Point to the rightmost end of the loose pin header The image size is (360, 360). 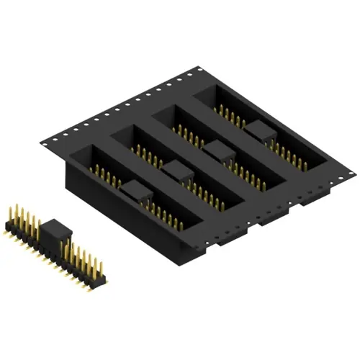tap(105, 275)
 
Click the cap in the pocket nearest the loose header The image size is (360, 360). tap(135, 191)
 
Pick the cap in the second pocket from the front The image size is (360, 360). tap(177, 171)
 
